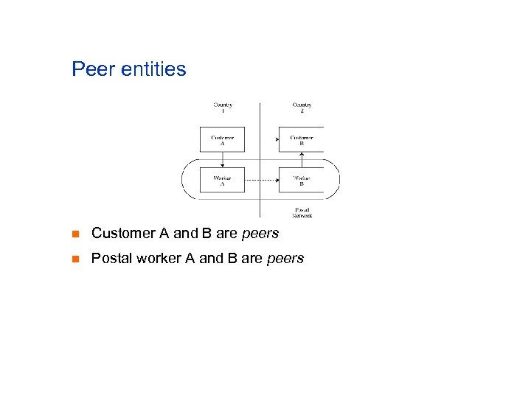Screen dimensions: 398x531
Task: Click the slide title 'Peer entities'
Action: tap(129, 69)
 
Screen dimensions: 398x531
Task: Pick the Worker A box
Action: tap(222, 181)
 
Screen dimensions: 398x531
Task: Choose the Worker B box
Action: tap(301, 181)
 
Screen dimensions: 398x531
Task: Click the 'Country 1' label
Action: tap(223, 108)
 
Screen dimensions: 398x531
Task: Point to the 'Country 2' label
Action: tap(302, 108)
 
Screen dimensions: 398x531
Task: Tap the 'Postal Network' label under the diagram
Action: tap(302, 212)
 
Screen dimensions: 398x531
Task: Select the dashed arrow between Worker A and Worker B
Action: tap(261, 181)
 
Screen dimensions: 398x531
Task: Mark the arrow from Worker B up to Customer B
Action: tap(302, 159)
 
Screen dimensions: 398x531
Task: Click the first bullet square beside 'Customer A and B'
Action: tap(75, 234)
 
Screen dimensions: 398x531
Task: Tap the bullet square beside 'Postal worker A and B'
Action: tap(75, 259)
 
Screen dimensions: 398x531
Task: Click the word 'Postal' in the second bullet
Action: tap(110, 259)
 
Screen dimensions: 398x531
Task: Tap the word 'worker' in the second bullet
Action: tap(153, 259)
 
